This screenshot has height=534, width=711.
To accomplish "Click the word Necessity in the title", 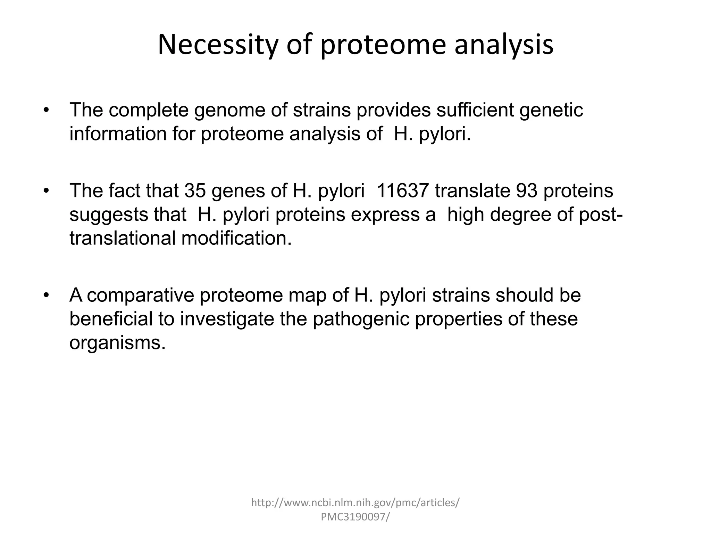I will pos(218,45).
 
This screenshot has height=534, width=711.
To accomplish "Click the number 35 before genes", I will pos(195,191).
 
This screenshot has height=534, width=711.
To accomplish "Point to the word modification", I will pos(236,238).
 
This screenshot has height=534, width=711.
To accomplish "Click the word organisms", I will pos(117,343).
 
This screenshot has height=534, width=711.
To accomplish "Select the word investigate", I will pos(227,319).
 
